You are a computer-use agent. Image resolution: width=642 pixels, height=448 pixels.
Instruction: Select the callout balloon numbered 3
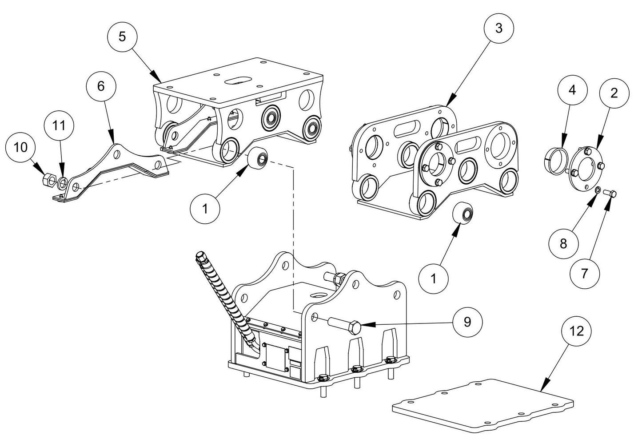pos(498,28)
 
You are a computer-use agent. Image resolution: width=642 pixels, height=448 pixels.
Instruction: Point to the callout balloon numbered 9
pos(467,322)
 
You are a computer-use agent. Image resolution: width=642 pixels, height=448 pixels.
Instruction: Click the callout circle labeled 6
pos(101,86)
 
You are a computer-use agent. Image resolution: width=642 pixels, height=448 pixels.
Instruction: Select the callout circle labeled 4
pos(572,90)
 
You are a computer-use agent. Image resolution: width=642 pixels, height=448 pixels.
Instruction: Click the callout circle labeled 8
pos(563,243)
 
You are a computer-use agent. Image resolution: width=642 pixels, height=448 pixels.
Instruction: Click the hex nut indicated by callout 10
pos(46,180)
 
